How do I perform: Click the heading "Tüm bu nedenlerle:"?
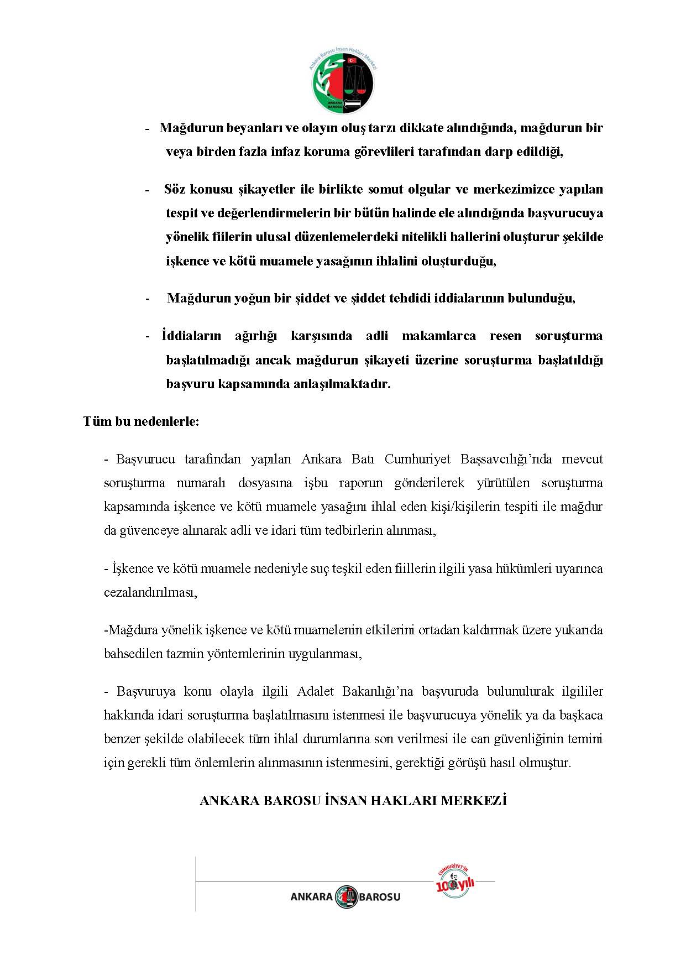(x=141, y=421)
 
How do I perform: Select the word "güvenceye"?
(x=149, y=530)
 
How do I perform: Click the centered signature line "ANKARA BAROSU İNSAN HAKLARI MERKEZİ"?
(x=353, y=800)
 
